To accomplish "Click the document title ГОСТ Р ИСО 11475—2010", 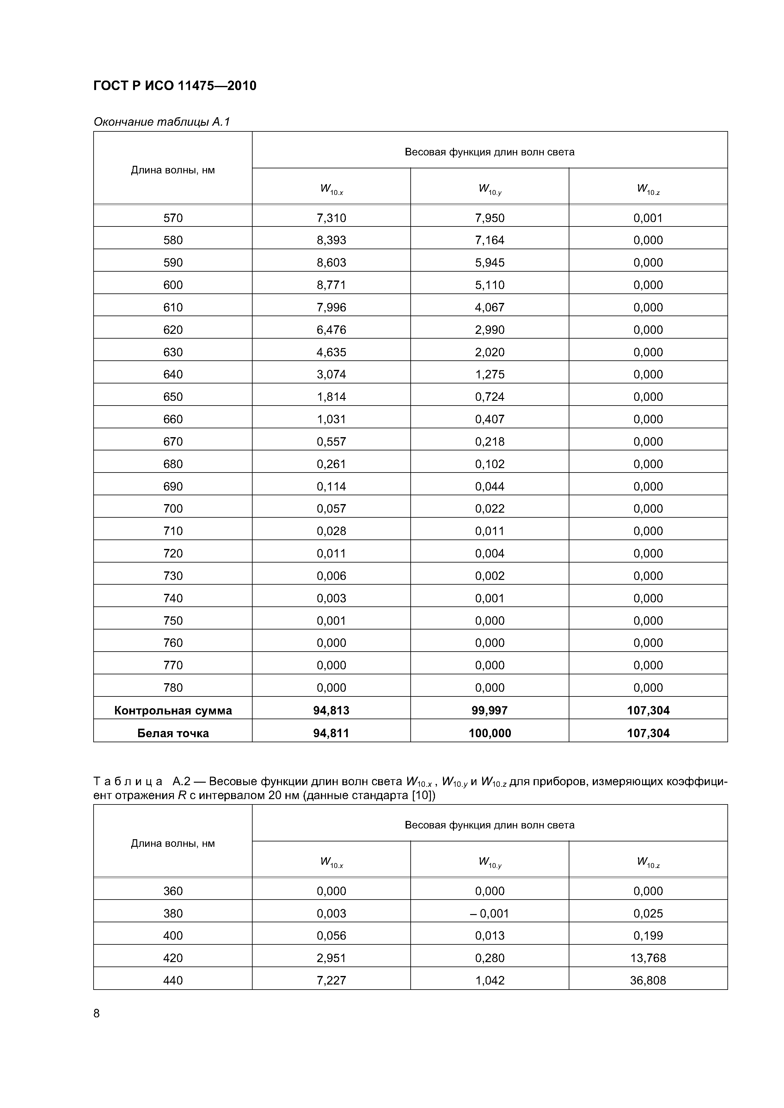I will click(175, 86).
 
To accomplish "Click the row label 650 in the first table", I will click(173, 397).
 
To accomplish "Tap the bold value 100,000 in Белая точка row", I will click(489, 733).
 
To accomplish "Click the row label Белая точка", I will click(173, 733).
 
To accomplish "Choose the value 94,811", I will click(331, 733).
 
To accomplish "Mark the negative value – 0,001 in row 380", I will click(489, 913).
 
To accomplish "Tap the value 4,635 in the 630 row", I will click(331, 352).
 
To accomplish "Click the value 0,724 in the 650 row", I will click(489, 397).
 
